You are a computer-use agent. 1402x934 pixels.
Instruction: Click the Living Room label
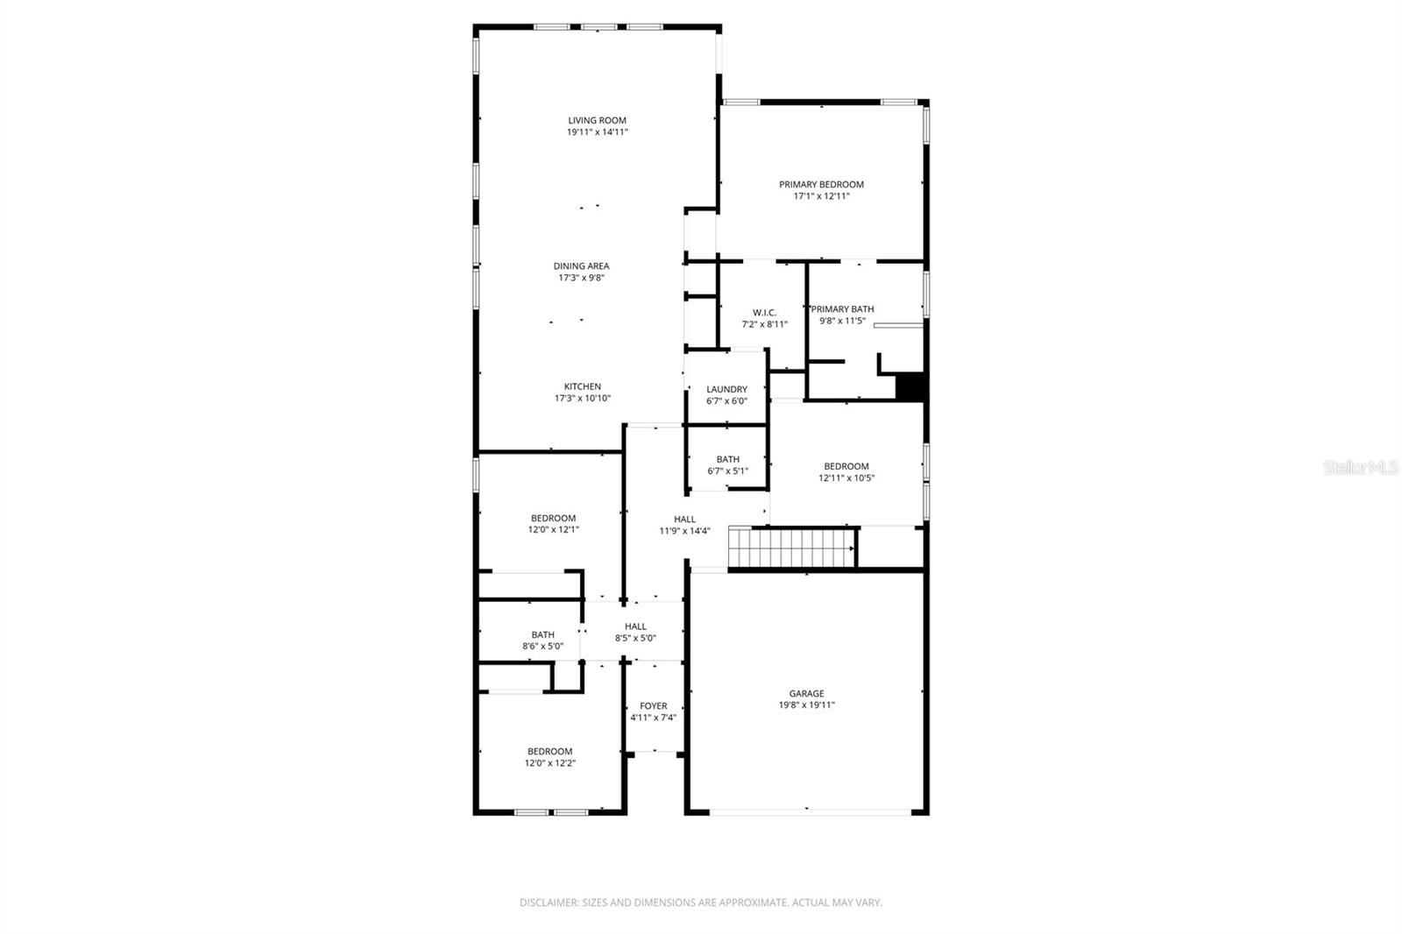click(x=597, y=121)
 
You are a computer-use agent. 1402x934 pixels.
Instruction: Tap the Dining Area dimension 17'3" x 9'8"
click(x=583, y=278)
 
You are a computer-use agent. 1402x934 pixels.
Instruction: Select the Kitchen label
click(x=582, y=386)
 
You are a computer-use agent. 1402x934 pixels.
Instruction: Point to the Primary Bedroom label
click(x=821, y=185)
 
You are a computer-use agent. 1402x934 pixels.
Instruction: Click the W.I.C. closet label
click(x=764, y=313)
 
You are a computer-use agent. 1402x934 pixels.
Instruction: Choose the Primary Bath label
click(x=843, y=309)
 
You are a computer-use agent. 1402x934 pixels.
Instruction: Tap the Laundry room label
click(x=726, y=390)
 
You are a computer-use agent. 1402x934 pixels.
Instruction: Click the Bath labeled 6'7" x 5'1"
click(x=727, y=459)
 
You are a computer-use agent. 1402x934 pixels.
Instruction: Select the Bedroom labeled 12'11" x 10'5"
click(x=846, y=467)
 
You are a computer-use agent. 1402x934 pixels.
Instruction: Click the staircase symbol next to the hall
click(x=792, y=548)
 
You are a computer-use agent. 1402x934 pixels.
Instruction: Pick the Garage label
click(x=806, y=694)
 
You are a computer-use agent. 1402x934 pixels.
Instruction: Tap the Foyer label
click(x=653, y=706)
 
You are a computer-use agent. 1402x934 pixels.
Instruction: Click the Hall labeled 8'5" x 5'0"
click(x=635, y=626)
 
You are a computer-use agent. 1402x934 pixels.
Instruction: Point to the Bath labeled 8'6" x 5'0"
click(x=542, y=635)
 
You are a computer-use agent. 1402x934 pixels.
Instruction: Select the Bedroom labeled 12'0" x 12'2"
click(x=549, y=752)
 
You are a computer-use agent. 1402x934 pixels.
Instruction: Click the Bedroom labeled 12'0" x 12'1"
click(x=553, y=519)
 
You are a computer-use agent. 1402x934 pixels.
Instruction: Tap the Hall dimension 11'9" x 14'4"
click(x=684, y=531)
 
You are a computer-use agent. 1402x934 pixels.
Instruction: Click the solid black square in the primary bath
click(x=910, y=387)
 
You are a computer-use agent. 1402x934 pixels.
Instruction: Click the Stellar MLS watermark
click(x=1360, y=468)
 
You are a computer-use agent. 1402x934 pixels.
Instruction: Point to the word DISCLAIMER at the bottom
click(x=549, y=902)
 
